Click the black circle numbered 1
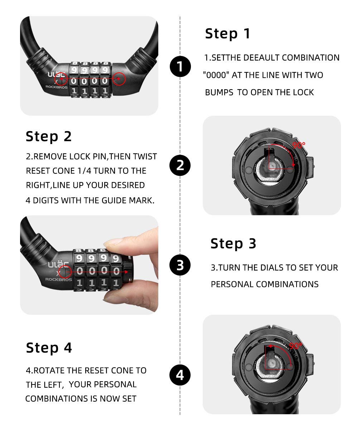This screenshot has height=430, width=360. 180,67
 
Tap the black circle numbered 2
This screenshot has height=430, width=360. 180,165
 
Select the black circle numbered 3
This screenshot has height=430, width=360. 180,265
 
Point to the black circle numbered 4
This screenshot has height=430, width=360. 180,375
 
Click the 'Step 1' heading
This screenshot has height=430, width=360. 227,34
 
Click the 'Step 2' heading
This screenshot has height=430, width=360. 49,136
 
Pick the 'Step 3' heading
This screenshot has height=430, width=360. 233,243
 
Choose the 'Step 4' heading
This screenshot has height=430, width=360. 49,348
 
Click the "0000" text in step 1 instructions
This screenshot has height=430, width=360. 216,75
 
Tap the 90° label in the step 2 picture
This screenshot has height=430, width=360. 299,145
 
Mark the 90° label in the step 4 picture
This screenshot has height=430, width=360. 296,346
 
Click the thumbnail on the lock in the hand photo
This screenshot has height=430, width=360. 118,241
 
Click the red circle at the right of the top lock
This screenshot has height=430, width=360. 120,78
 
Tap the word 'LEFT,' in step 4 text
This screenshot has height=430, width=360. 52,385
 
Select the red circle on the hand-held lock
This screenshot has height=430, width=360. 65,272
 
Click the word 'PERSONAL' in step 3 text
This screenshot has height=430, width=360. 232,284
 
